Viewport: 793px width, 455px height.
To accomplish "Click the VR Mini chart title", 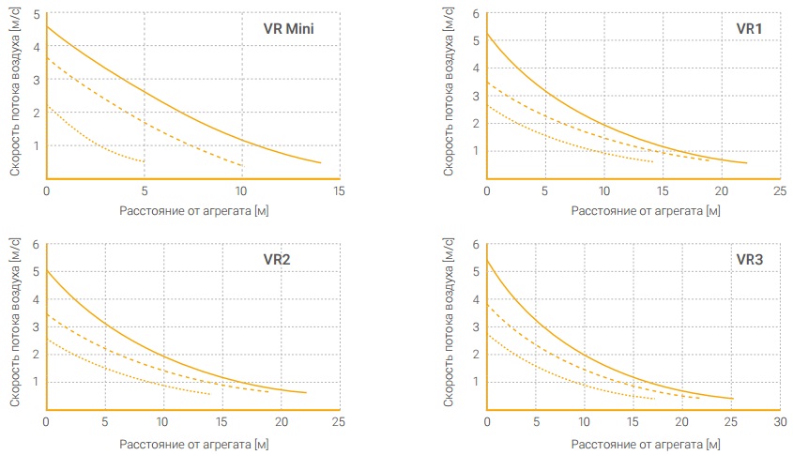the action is click(288, 29).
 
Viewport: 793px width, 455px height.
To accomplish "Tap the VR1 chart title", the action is click(749, 29).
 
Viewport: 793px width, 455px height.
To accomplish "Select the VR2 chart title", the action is click(277, 259).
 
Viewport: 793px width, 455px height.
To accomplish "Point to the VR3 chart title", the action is click(749, 259).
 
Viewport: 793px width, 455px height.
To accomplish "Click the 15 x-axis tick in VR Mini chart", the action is click(339, 191).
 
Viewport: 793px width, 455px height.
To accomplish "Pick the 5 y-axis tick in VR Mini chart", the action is click(37, 14).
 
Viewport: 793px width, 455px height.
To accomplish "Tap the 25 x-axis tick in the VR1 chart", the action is click(780, 191).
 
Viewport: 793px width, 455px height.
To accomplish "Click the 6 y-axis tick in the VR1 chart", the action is click(476, 14).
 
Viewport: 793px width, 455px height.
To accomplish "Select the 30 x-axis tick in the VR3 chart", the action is click(780, 421).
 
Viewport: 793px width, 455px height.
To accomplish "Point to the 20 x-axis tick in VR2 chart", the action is click(282, 421).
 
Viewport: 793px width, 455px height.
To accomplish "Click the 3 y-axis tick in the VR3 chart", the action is click(476, 327).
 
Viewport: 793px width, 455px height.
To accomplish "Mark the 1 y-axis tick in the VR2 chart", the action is click(36, 382).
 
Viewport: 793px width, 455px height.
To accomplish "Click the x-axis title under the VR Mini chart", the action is click(193, 211).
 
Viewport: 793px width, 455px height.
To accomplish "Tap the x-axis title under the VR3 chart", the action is click(646, 445).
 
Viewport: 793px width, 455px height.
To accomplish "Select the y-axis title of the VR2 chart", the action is click(15, 323).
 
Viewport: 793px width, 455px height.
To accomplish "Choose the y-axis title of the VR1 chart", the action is click(448, 92).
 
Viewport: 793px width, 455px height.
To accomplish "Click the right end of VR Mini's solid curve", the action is click(321, 163).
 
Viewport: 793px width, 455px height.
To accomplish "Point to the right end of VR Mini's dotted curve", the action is click(145, 161).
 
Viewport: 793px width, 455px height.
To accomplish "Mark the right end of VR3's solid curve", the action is click(733, 399).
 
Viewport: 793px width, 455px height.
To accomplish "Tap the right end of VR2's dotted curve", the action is click(210, 394).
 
